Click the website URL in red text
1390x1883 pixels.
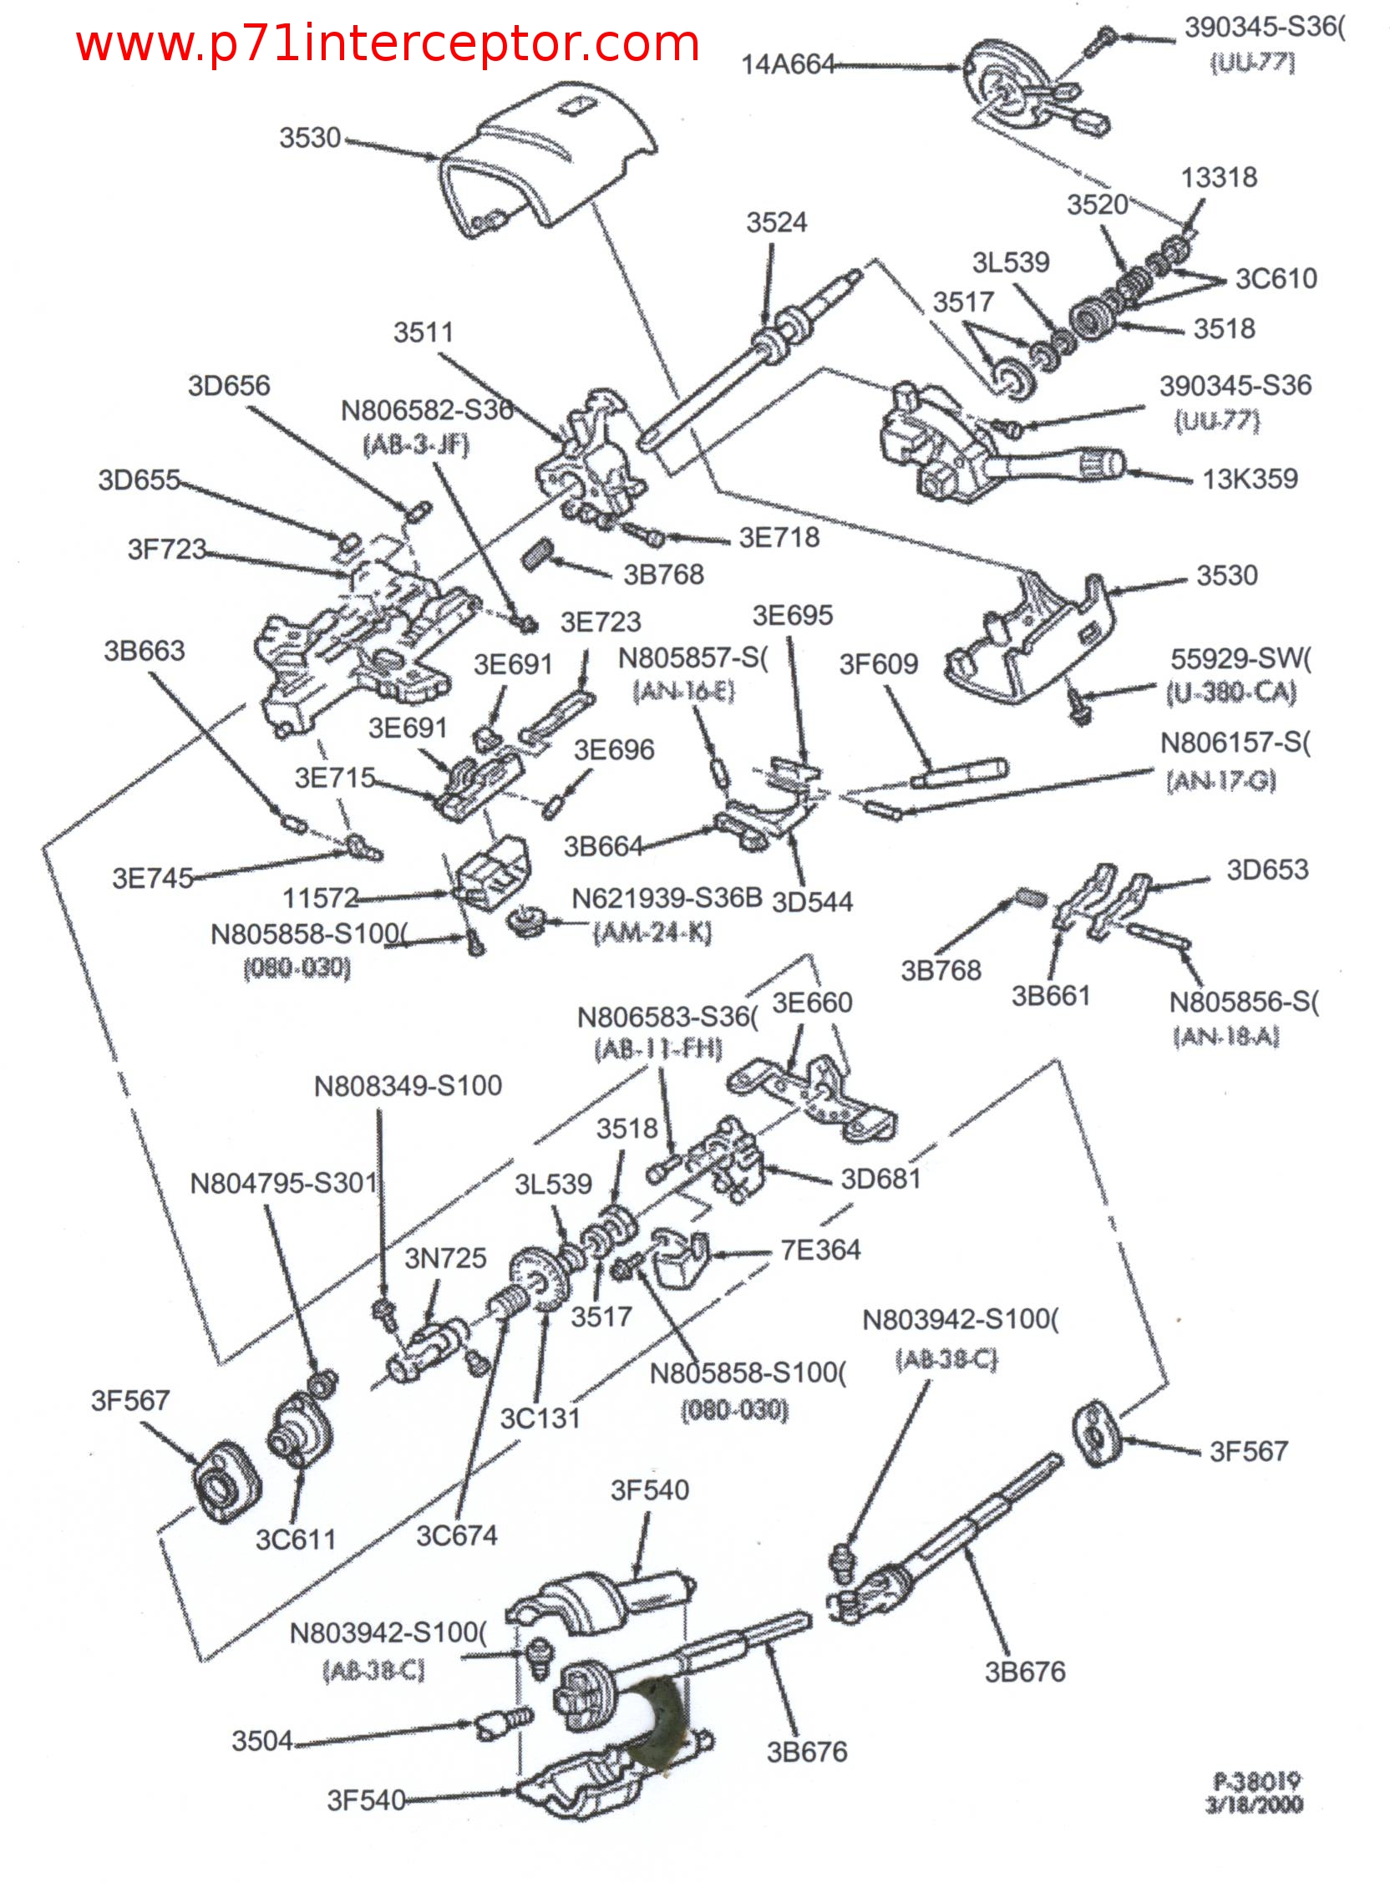(387, 43)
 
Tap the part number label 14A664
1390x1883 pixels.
(787, 65)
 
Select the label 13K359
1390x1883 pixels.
(1250, 480)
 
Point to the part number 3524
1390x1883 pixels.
(776, 223)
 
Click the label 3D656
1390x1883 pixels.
(229, 386)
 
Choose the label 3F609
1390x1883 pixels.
(878, 665)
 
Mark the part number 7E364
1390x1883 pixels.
(819, 1251)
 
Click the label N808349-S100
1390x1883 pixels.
(408, 1086)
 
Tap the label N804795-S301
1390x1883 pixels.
(282, 1184)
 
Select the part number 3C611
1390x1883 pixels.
(296, 1540)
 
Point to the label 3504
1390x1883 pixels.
(261, 1741)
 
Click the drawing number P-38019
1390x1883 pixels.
(1257, 1781)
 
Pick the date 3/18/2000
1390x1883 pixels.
(1254, 1804)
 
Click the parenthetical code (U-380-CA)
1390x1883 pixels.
(1231, 693)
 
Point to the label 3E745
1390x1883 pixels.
(152, 878)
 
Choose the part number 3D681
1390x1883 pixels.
(880, 1180)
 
